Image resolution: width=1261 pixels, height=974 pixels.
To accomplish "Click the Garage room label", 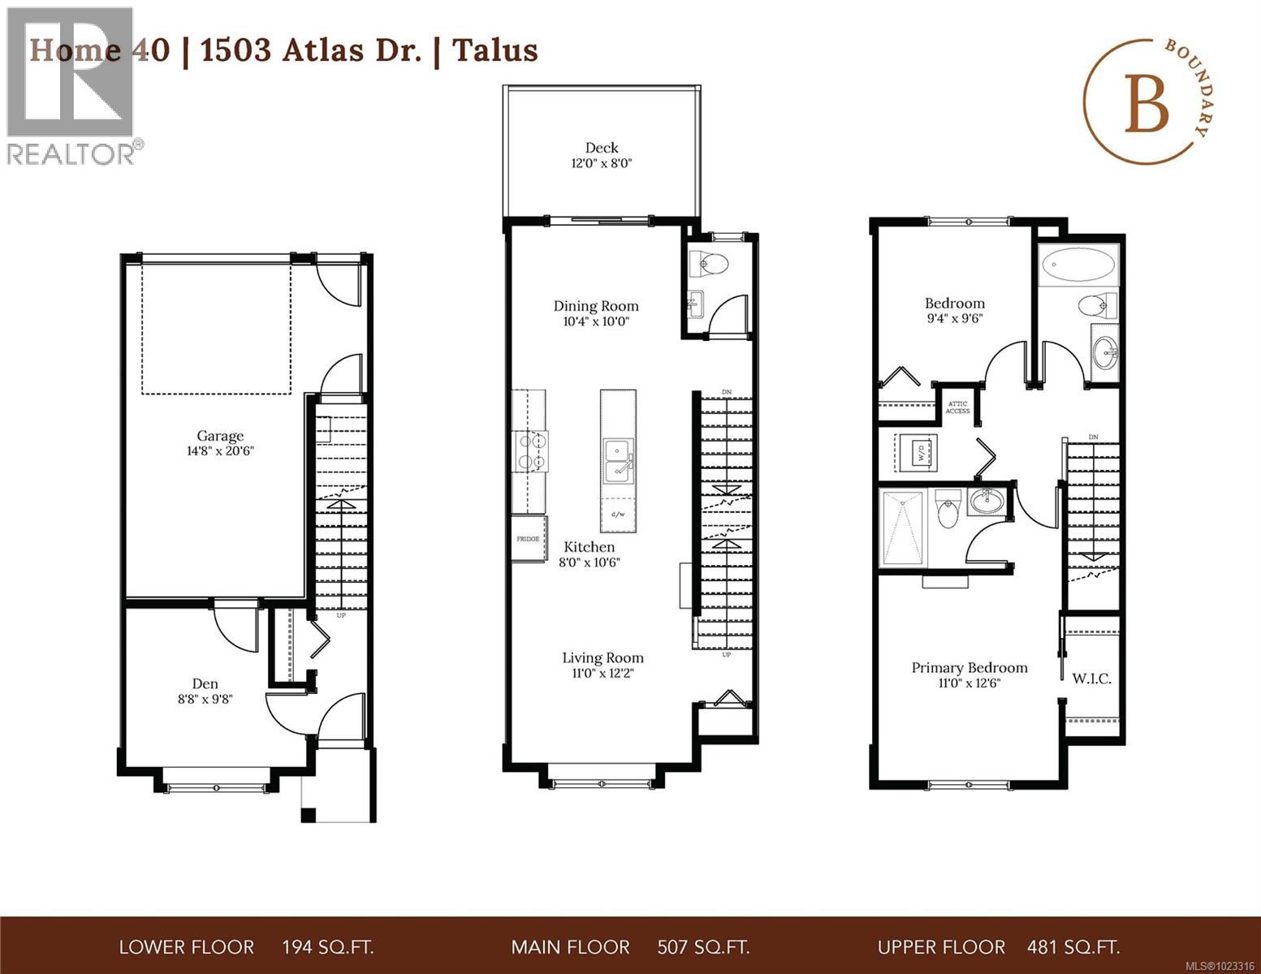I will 219,436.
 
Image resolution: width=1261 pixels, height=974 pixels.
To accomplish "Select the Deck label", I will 602,148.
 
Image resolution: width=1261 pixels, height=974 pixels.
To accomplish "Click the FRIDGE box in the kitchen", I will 529,538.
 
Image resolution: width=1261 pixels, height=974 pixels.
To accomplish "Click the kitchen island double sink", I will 618,459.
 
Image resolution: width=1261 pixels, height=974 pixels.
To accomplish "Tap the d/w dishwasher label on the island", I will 618,514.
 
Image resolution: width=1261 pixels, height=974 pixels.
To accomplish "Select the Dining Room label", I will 596,306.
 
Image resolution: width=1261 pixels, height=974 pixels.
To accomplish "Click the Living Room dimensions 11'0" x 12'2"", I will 602,673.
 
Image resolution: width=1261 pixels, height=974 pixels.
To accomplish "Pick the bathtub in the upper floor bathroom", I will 1077,263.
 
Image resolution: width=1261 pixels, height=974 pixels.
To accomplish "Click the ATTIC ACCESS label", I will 957,407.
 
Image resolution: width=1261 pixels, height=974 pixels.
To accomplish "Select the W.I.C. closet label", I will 1091,678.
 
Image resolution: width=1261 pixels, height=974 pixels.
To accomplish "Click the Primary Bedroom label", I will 970,667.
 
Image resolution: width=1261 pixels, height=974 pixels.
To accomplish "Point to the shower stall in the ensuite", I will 903,528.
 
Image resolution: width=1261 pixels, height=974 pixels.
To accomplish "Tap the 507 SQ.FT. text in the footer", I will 702,947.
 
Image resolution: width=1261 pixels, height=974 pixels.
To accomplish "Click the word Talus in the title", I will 494,50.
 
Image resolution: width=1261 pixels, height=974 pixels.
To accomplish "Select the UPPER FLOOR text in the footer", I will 941,947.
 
